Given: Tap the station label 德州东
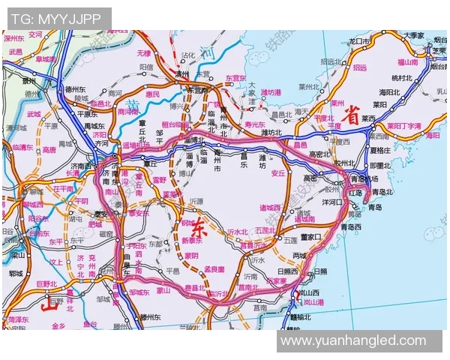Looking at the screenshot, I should (x=77, y=88).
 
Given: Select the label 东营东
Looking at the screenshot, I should (x=235, y=78).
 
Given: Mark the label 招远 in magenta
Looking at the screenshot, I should (x=360, y=67).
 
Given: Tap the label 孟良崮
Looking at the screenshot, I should (x=214, y=268).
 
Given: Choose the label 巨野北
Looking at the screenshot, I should (x=46, y=283).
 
